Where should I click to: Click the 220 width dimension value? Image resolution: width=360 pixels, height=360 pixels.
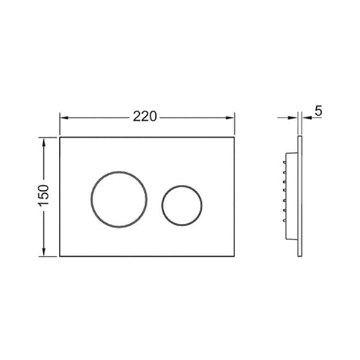point(145,116)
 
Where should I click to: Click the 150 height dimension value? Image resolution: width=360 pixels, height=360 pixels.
point(44,195)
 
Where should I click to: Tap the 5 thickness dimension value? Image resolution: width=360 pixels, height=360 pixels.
point(319,111)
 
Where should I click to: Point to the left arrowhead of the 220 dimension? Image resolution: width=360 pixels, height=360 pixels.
point(64,118)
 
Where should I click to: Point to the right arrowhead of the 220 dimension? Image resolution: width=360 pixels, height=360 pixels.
point(230,118)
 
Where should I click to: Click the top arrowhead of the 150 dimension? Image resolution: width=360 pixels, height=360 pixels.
point(44,142)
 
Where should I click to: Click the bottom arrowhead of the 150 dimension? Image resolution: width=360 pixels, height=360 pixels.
point(44,252)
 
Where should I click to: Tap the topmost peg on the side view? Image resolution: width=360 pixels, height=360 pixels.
point(284,163)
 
